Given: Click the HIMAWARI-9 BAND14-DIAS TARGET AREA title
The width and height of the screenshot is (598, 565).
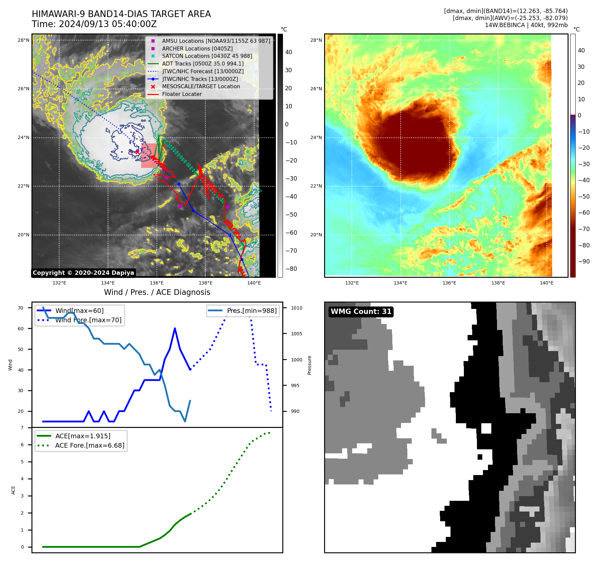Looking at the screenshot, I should pyautogui.click(x=121, y=14).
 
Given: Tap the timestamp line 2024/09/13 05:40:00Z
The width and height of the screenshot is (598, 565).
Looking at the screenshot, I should pyautogui.click(x=94, y=24).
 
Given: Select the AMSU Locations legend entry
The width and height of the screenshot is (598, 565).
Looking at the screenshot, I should pyautogui.click(x=216, y=41).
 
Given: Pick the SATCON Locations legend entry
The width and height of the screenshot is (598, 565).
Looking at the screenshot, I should pyautogui.click(x=207, y=56).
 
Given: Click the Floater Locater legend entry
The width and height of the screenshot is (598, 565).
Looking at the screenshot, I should pyautogui.click(x=182, y=94).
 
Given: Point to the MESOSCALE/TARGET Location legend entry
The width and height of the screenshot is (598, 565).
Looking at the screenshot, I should pyautogui.click(x=201, y=87).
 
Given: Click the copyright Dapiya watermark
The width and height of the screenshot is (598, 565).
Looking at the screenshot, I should pyautogui.click(x=83, y=273).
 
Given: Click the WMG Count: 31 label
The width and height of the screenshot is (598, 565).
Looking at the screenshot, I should pyautogui.click(x=361, y=312).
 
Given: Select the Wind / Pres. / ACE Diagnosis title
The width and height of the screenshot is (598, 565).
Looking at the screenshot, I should pyautogui.click(x=157, y=292).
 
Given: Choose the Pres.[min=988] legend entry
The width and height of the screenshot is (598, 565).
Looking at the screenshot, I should pyautogui.click(x=252, y=311).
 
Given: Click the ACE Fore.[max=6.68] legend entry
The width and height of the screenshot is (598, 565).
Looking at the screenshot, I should pyautogui.click(x=90, y=445).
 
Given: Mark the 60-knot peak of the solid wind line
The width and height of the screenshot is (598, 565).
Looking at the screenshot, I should pyautogui.click(x=175, y=329).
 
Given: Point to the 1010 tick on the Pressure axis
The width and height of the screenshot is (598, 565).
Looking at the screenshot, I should pyautogui.click(x=296, y=308).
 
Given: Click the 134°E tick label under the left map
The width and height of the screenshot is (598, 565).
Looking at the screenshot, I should pyautogui.click(x=108, y=283).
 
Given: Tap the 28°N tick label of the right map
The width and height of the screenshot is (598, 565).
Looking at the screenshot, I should pyautogui.click(x=316, y=40).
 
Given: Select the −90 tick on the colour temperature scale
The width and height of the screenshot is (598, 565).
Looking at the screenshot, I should pyautogui.click(x=584, y=261).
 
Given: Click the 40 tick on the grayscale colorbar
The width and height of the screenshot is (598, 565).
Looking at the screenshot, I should pyautogui.click(x=288, y=52).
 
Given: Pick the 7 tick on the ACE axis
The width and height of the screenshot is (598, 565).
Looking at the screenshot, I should pyautogui.click(x=22, y=428).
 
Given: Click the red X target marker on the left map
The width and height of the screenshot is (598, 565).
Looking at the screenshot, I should pyautogui.click(x=137, y=152).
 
